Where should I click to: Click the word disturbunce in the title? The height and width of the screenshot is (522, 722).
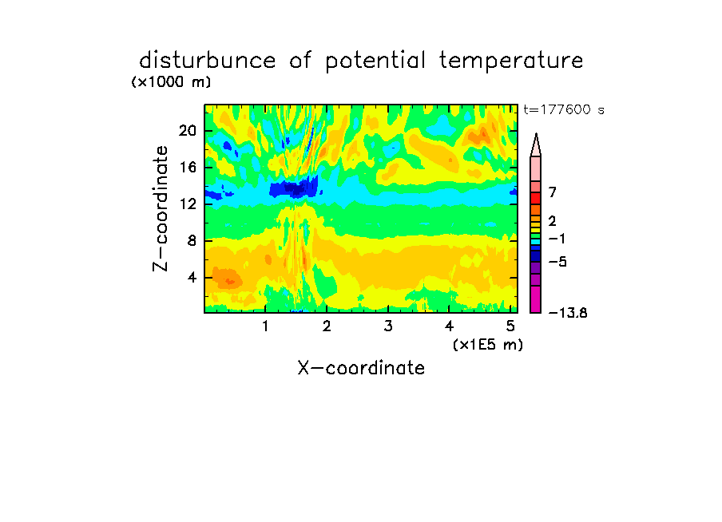pyautogui.click(x=207, y=61)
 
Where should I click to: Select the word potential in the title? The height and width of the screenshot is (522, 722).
pyautogui.click(x=375, y=61)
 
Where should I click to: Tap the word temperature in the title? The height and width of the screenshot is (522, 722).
pyautogui.click(x=511, y=61)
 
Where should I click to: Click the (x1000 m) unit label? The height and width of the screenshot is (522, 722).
pyautogui.click(x=171, y=82)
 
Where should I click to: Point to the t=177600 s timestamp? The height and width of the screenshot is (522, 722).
pyautogui.click(x=564, y=109)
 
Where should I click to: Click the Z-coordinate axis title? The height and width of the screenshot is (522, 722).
pyautogui.click(x=161, y=208)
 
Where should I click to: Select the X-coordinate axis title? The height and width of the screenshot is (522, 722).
pyautogui.click(x=361, y=368)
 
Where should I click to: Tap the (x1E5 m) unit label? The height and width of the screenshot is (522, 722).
pyautogui.click(x=488, y=345)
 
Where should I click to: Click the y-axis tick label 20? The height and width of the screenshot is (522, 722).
pyautogui.click(x=188, y=131)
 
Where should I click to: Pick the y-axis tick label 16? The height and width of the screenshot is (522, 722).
pyautogui.click(x=188, y=167)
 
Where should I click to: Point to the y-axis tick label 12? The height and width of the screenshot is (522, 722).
pyautogui.click(x=188, y=204)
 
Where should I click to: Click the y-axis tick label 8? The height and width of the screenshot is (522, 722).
pyautogui.click(x=192, y=241)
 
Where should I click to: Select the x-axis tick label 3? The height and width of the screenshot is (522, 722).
pyautogui.click(x=388, y=326)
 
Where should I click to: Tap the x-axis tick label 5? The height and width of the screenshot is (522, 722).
pyautogui.click(x=510, y=326)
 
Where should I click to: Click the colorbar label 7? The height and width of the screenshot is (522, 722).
pyautogui.click(x=553, y=192)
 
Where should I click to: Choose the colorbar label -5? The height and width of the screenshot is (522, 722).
pyautogui.click(x=557, y=262)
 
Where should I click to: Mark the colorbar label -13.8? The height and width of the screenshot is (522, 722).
pyautogui.click(x=568, y=313)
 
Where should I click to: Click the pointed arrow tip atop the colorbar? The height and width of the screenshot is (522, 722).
pyautogui.click(x=536, y=134)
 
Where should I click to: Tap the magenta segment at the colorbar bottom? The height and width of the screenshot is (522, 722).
pyautogui.click(x=536, y=299)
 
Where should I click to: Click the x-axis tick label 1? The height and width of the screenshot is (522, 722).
pyautogui.click(x=266, y=326)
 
